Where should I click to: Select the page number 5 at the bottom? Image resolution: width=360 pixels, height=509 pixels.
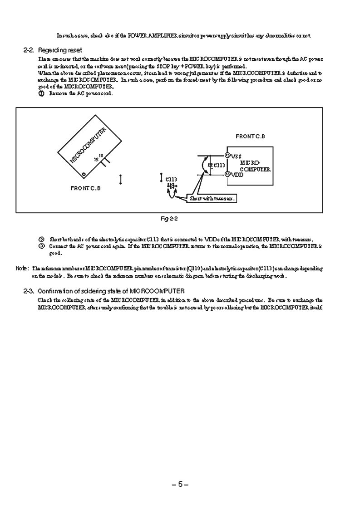pyautogui.click(x=180, y=485)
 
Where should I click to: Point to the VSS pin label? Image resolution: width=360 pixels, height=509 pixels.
pyautogui.click(x=237, y=156)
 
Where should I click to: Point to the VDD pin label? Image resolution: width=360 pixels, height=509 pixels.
pyautogui.click(x=237, y=174)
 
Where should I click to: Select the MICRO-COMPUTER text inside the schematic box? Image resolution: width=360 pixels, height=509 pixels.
pyautogui.click(x=255, y=166)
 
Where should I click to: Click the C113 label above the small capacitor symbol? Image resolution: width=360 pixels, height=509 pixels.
pyautogui.click(x=171, y=179)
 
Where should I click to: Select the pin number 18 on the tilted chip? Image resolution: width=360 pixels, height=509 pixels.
pyautogui.click(x=101, y=156)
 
